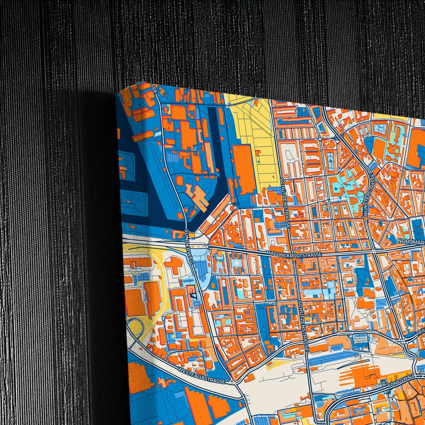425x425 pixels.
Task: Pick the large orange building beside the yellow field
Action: point(244,169)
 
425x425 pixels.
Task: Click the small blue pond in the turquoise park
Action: point(336,187)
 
